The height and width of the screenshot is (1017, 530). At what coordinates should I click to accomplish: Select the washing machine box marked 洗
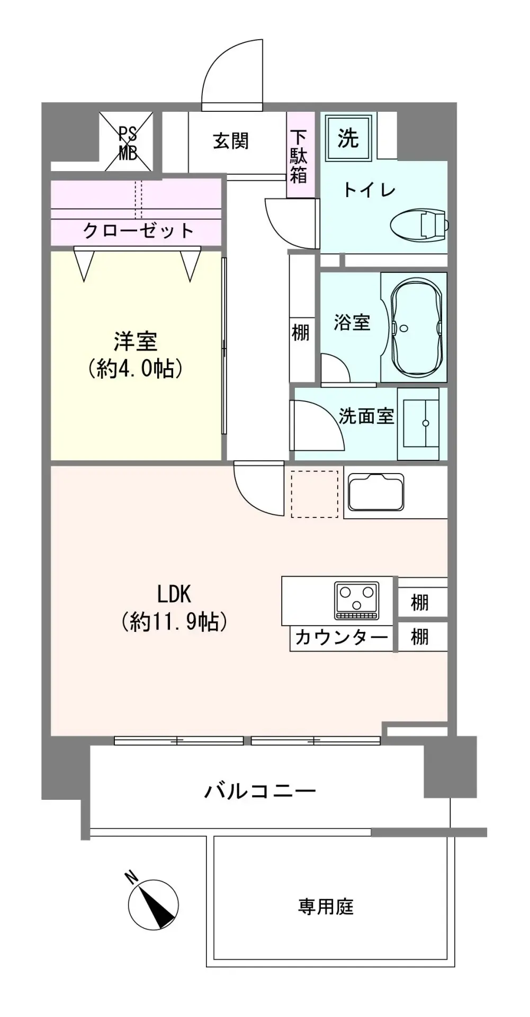coord(348,139)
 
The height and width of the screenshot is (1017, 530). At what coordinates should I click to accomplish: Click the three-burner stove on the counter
coord(356,601)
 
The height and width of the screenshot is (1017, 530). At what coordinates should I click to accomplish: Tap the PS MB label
coord(128,142)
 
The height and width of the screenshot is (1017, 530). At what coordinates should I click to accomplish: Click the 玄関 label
coord(231,141)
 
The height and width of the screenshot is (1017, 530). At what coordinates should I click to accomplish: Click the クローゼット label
coord(139,230)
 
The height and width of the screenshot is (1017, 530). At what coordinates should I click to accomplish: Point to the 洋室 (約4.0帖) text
coord(136,354)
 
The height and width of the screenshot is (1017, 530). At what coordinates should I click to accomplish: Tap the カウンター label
coord(342,637)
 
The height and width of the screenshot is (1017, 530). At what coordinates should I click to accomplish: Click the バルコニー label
coord(260,791)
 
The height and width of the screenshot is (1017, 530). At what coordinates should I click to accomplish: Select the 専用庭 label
coord(326,907)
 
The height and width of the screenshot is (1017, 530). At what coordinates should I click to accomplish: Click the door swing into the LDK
coord(258,489)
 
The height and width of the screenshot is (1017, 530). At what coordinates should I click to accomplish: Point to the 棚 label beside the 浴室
coord(300,333)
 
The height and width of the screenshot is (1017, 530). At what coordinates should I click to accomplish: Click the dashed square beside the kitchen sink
coord(315,494)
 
